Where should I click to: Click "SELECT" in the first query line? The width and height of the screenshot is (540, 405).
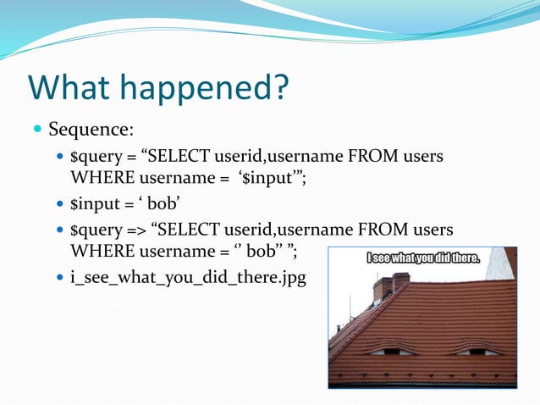click(183, 158)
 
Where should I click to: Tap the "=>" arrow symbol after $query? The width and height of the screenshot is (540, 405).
click(135, 230)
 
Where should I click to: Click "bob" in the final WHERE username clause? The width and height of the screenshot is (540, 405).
click(265, 251)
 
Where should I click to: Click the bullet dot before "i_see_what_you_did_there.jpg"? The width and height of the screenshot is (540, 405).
click(58, 277)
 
